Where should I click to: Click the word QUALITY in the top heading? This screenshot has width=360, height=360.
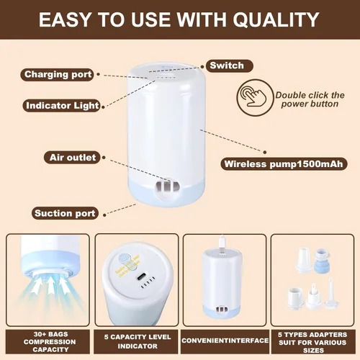tap(276, 19)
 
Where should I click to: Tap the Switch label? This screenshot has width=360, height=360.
tap(230, 66)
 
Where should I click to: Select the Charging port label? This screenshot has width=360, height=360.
tap(58, 75)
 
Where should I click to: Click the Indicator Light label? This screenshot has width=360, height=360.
tap(62, 106)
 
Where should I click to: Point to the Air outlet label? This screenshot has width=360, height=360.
tap(73, 158)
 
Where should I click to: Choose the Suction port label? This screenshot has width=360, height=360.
tap(65, 213)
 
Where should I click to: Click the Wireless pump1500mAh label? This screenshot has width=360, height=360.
tap(284, 164)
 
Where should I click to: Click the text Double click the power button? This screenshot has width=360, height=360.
tap(310, 99)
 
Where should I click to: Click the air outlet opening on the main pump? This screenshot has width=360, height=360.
tap(167, 186)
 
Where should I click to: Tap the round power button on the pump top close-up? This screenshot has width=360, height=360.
tap(125, 259)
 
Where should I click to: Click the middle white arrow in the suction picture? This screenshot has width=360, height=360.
tap(51, 285)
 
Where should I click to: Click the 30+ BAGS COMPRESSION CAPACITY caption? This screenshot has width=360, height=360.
tap(50, 342)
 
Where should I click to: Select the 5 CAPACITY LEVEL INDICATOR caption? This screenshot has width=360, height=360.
tap(138, 341)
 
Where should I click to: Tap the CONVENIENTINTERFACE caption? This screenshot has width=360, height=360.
tap(225, 341)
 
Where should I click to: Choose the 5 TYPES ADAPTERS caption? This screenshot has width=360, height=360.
tap(312, 335)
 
